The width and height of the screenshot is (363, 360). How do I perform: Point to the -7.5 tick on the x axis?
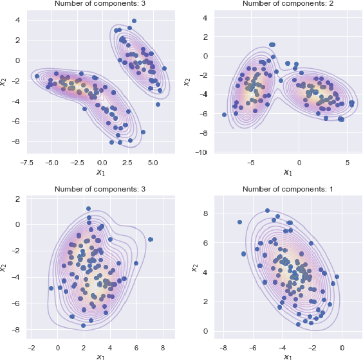pos(26,163)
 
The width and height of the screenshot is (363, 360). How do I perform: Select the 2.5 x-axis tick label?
pos(127,163)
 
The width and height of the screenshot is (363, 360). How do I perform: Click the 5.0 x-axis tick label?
pos(153,163)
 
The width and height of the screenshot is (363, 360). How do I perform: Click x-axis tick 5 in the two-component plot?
pos(348,163)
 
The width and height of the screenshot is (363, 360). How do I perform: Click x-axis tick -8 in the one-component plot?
pos(222,348)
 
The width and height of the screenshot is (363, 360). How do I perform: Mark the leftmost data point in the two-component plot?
pos(225,114)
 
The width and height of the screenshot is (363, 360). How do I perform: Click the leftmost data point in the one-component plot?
pos(239,222)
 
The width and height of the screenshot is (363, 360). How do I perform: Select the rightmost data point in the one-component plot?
pos(337,277)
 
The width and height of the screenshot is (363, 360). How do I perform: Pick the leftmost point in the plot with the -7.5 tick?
pos(37,76)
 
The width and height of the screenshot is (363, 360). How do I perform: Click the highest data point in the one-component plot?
pos(267,210)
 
